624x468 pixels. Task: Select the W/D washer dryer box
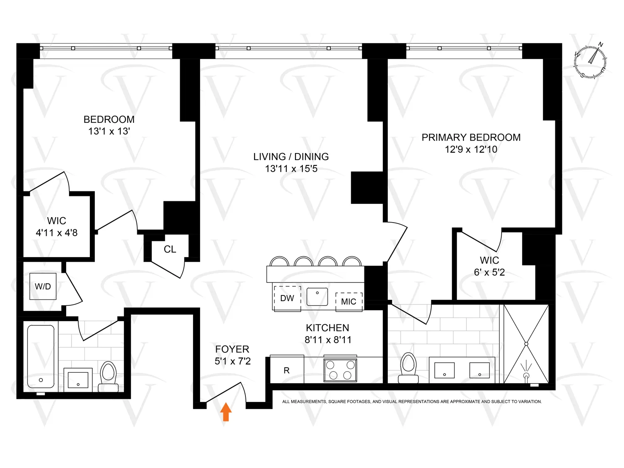(x=43, y=286)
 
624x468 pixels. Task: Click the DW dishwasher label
(x=287, y=298)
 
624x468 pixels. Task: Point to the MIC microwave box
(x=349, y=302)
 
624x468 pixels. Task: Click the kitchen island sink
(x=317, y=297)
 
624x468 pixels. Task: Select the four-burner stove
(x=340, y=370)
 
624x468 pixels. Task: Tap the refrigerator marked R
(x=287, y=370)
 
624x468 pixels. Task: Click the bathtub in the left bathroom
(x=41, y=356)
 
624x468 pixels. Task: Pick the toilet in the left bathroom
(x=109, y=376)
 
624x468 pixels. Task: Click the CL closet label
(x=170, y=249)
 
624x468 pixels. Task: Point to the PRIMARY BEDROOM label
(x=471, y=137)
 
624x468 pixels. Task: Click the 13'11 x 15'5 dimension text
(x=291, y=168)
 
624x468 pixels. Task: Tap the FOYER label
(x=232, y=349)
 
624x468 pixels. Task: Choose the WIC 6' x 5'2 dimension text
(x=489, y=272)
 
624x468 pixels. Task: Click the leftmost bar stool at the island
(x=279, y=262)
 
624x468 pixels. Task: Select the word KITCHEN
(x=327, y=328)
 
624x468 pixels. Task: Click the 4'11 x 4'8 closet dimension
(x=57, y=233)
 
